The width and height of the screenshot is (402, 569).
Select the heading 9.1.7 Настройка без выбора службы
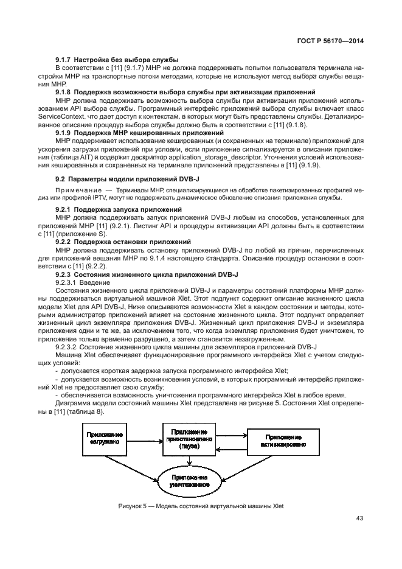(x=117, y=59)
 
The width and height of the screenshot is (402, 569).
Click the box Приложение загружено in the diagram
(x=105, y=439)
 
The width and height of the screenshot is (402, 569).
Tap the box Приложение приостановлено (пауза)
(x=189, y=438)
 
